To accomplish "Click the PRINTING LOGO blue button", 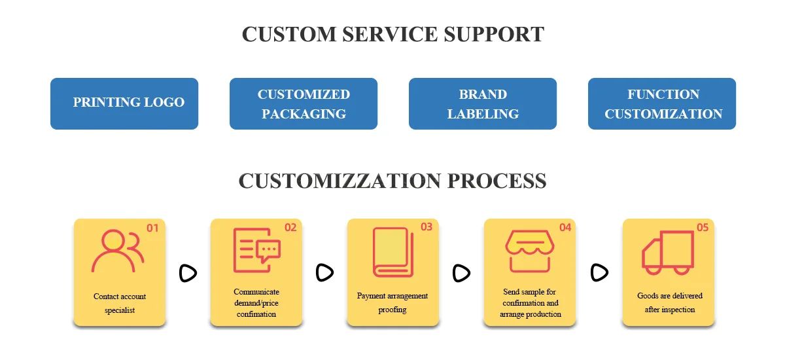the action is [124, 103].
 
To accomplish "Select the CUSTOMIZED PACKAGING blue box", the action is [304, 103].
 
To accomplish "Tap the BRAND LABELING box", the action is [483, 103].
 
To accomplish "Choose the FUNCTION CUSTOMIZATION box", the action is [662, 103].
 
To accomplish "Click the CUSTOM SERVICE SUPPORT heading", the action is [392, 34].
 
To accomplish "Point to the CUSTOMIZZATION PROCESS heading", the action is [392, 181].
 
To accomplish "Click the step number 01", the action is [152, 228].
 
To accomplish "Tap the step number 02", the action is [290, 228].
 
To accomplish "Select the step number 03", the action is [427, 227].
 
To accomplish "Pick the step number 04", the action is [565, 228].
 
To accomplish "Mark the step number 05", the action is [703, 228].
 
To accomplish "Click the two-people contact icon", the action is [118, 251].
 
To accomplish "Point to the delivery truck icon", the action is [667, 252].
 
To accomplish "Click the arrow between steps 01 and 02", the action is [188, 273].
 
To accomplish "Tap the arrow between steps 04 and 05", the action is [599, 272].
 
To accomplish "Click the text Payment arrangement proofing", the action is [392, 302].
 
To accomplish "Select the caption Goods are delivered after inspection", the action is [669, 302].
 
